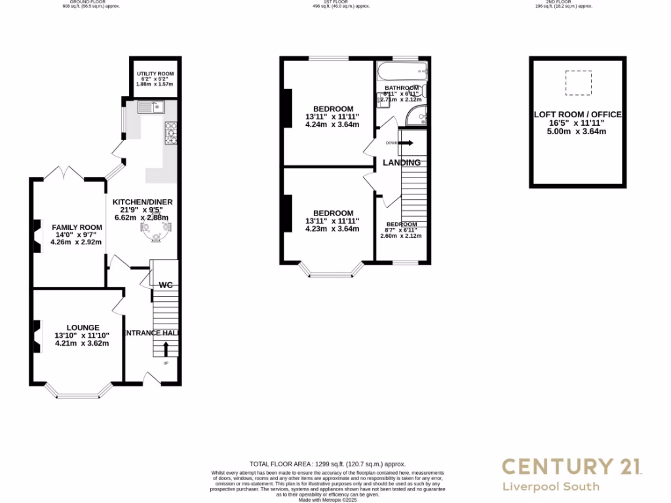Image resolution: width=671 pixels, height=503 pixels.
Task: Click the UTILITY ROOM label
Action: point(155,73)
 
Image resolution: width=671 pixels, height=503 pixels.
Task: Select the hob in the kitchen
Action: point(172,133)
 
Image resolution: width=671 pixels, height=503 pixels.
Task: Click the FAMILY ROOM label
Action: point(77,227)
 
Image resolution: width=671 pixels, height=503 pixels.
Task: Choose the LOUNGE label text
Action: point(83,327)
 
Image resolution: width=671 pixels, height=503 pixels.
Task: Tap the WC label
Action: point(165,285)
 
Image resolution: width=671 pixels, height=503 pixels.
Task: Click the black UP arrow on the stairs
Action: point(165,348)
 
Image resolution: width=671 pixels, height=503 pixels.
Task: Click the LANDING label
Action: point(402,162)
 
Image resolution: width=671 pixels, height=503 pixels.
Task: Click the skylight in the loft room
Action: point(578,83)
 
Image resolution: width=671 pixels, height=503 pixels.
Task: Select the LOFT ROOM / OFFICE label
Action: point(577,115)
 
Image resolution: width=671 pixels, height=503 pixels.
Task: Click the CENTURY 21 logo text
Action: point(572,466)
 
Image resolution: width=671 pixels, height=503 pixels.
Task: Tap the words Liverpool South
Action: point(550,487)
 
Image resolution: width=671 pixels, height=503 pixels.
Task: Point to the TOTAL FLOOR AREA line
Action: point(328,464)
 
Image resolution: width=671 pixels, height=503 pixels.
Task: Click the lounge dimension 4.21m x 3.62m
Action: point(82,343)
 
